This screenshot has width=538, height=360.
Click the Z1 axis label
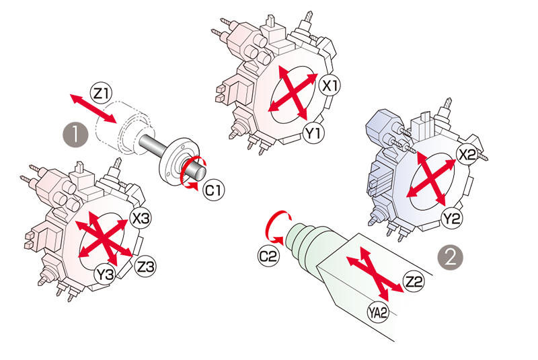(102, 93)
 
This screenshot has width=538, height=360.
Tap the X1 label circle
(330, 85)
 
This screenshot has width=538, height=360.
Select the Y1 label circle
(314, 133)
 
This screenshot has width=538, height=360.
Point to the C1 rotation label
(213, 190)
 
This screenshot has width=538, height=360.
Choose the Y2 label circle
(451, 218)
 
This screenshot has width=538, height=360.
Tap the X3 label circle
(141, 218)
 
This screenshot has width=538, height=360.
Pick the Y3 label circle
(105, 274)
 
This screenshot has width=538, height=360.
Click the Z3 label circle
(145, 266)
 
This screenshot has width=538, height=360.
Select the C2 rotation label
(268, 256)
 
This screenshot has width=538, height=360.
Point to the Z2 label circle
(414, 281)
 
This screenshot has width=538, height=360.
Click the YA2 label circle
(378, 312)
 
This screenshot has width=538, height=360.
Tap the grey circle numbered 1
(75, 135)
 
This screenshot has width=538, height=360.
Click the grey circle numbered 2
(450, 257)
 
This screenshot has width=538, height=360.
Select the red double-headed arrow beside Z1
(93, 108)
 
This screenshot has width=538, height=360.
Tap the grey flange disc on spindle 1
(178, 159)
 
